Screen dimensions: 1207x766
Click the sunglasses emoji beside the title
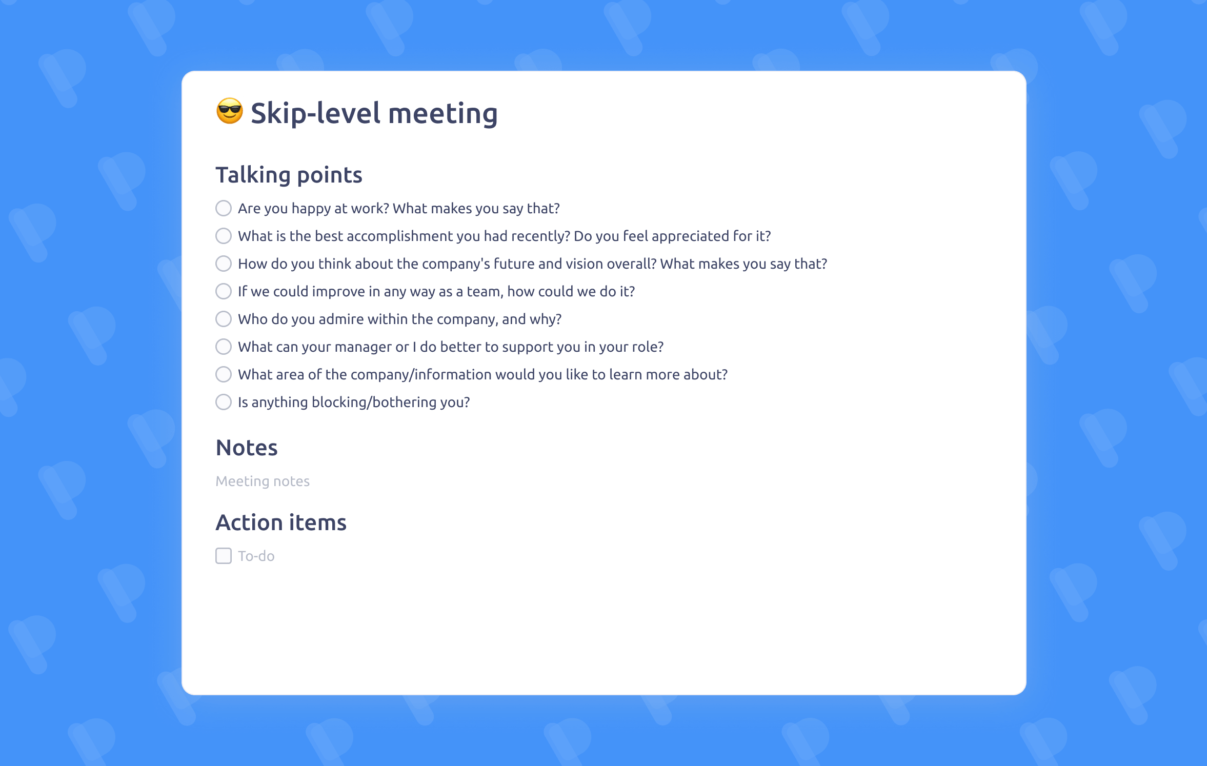229,111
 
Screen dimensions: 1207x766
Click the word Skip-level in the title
315,113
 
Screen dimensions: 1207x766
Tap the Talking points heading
289,175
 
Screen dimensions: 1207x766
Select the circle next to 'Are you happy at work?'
224,208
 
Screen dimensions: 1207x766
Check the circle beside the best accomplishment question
224,236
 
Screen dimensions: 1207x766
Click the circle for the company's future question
224,264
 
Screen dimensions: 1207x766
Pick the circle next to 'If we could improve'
224,291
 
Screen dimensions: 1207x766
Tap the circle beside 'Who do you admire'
224,319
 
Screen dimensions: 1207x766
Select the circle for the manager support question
224,347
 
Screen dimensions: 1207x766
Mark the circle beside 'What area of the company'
224,374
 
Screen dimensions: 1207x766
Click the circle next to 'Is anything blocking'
224,402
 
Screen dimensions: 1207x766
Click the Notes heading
247,448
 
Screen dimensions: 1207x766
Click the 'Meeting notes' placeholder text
263,481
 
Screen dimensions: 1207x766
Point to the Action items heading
281,522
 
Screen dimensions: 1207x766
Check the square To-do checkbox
224,556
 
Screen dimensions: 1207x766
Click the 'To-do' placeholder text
256,556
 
